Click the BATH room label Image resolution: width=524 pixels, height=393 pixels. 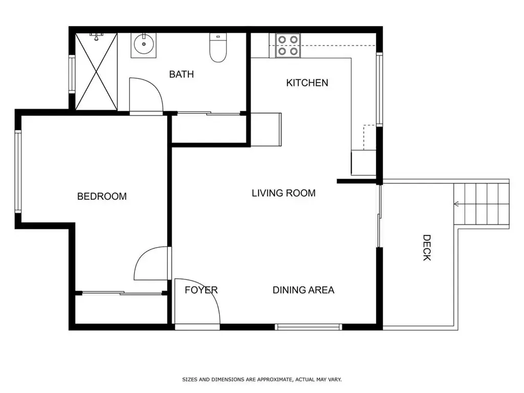[x=182, y=74]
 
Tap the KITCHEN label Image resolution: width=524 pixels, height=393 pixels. [x=307, y=82]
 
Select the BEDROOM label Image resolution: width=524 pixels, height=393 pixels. [x=102, y=196]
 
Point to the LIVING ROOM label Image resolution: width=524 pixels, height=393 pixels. [x=283, y=193]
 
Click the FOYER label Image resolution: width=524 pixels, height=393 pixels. [x=201, y=290]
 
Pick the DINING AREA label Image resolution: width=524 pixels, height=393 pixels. [x=303, y=290]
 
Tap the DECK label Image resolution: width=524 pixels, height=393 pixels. [x=427, y=248]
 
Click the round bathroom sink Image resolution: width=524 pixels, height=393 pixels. [x=144, y=44]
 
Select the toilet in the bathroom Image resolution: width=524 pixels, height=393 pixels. [x=218, y=48]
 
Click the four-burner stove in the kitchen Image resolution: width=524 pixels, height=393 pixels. [x=288, y=46]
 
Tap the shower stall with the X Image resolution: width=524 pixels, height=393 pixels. [x=96, y=72]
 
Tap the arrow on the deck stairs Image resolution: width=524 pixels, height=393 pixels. [x=456, y=204]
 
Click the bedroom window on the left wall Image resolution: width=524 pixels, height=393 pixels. [x=18, y=171]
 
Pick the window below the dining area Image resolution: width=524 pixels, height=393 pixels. [x=309, y=327]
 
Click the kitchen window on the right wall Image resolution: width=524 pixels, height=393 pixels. [x=379, y=90]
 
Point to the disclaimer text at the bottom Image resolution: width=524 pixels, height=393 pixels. [x=262, y=379]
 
